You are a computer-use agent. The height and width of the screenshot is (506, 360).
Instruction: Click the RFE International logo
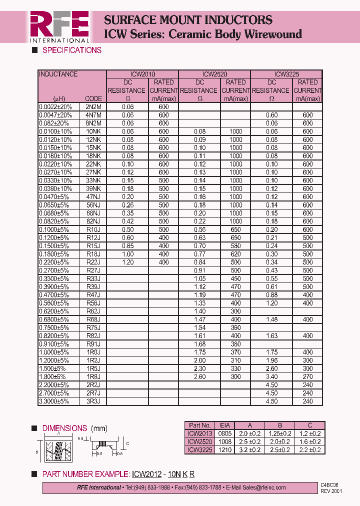pos(59,26)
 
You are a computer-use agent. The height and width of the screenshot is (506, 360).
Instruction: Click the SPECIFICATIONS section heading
pos(71,50)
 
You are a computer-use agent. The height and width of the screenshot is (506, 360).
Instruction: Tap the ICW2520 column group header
pos(214,74)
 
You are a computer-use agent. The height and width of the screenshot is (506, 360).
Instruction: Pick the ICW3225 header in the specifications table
pos(286,74)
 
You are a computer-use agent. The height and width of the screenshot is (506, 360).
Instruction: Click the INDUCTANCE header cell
pos(58,74)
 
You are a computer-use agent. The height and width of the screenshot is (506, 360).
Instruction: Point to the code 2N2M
pos(93,107)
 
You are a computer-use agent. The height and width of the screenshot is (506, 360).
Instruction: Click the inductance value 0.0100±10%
pos(55,131)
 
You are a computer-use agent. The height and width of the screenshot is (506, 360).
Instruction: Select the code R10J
pos(93,229)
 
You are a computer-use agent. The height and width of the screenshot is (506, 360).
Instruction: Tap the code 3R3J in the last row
pos(93,401)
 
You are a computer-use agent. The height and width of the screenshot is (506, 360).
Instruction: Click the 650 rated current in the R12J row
pos(235,238)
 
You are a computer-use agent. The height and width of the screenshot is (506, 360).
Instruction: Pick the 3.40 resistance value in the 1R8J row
pos(271,377)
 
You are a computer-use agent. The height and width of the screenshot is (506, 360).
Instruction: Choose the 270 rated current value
pos(307,377)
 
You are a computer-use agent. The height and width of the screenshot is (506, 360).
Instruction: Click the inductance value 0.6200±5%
pos(55,311)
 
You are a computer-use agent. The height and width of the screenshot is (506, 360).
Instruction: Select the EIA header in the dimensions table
pos(225,425)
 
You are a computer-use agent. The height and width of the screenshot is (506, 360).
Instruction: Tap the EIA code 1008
pos(225,441)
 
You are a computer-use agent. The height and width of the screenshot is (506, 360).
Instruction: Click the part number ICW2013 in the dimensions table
pos(199,433)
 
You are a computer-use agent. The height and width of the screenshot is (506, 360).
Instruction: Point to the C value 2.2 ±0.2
pos(310,450)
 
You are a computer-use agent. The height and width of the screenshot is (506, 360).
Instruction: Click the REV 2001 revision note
pos(331,491)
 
